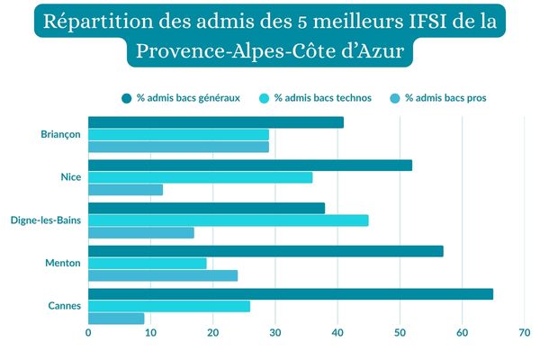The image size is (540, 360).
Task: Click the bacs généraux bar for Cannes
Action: (291, 294)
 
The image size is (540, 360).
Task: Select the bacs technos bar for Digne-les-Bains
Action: (229, 220)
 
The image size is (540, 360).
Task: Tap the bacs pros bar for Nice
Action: (126, 190)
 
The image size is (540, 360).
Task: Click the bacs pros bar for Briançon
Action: (178, 147)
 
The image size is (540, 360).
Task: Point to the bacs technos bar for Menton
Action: (148, 263)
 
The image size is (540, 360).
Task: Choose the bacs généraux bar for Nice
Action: (250, 165)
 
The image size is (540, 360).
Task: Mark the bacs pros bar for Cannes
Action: (116, 319)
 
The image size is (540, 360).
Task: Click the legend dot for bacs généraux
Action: (127, 98)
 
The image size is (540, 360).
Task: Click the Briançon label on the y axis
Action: (60, 135)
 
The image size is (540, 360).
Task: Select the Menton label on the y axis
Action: (64, 263)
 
